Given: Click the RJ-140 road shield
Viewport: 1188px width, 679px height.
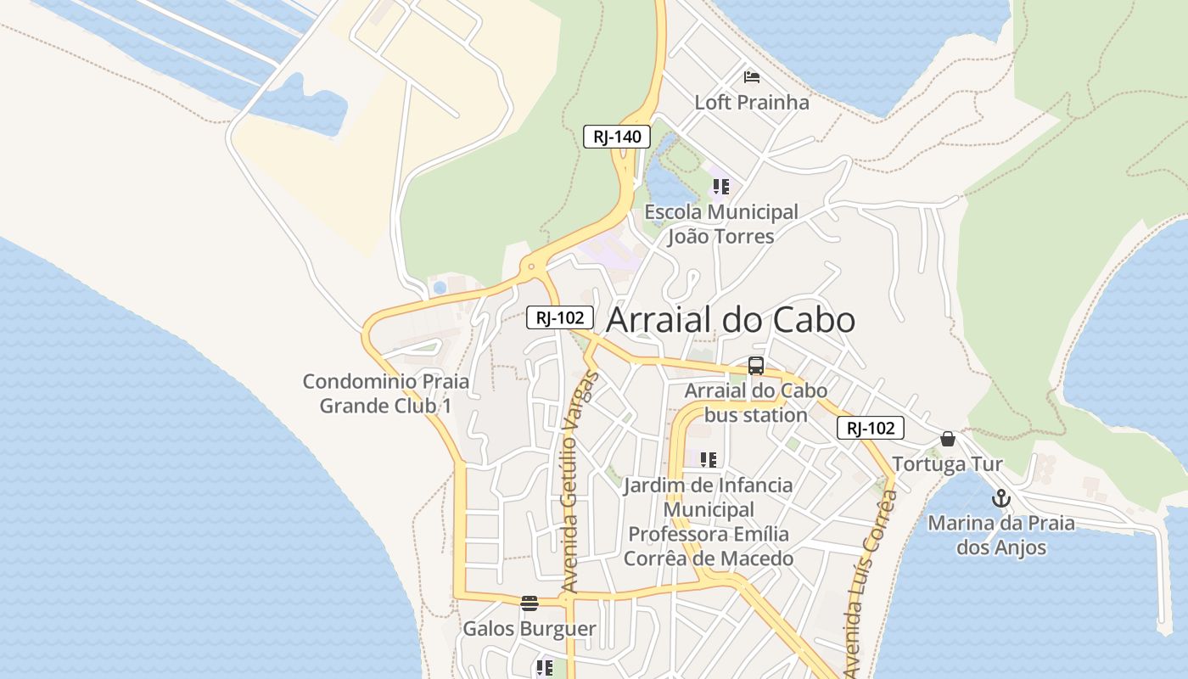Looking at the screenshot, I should pyautogui.click(x=617, y=137).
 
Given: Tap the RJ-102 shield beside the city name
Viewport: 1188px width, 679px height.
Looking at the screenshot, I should pyautogui.click(x=559, y=317).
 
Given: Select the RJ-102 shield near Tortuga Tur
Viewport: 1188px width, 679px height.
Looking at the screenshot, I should pyautogui.click(x=870, y=428).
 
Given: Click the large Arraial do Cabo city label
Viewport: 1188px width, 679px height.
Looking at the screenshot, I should pyautogui.click(x=731, y=320).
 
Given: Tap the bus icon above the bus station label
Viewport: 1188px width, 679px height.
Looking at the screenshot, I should pyautogui.click(x=755, y=367).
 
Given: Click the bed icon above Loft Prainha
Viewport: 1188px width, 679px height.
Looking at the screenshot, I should pyautogui.click(x=752, y=77).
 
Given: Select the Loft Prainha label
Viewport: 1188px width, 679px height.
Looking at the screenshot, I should pyautogui.click(x=752, y=103).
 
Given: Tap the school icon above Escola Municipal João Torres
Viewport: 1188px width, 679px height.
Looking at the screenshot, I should pyautogui.click(x=721, y=187).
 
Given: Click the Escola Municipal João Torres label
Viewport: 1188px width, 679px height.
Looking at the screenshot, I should pyautogui.click(x=721, y=224).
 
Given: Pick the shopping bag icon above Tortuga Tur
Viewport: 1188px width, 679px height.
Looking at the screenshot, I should pyautogui.click(x=948, y=439).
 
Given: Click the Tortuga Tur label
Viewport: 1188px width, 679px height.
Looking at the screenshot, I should pyautogui.click(x=947, y=464).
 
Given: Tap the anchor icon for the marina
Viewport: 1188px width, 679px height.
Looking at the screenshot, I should pyautogui.click(x=1001, y=498).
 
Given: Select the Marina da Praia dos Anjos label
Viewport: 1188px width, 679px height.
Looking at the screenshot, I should pyautogui.click(x=1001, y=535).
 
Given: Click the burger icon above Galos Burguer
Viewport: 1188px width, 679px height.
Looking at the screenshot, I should pyautogui.click(x=530, y=603).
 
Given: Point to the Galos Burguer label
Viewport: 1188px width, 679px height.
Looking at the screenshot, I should pyautogui.click(x=530, y=629).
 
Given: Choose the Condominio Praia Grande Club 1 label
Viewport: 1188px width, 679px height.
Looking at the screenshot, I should pyautogui.click(x=386, y=394).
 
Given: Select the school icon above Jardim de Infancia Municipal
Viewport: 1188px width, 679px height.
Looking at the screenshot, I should pyautogui.click(x=709, y=460).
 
